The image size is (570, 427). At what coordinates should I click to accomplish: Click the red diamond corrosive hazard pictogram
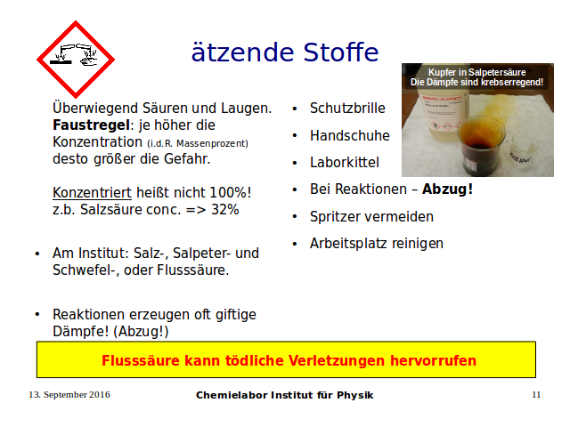pos(76,60)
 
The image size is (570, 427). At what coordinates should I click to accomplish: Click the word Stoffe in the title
pos(340,52)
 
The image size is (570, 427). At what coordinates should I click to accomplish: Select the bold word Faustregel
pos(91,125)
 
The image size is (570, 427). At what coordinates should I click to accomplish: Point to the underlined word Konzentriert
pos(92,192)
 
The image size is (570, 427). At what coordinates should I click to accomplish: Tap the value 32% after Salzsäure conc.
pos(225,210)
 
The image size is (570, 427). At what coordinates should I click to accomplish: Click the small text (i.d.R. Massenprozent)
pos(198,144)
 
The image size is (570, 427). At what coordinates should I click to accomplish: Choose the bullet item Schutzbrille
pos(347,109)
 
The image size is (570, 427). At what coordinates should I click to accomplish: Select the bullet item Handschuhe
pos(350,135)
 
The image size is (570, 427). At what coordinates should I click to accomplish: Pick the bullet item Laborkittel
pos(345,162)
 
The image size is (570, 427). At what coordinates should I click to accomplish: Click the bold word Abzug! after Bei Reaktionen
pos(447,189)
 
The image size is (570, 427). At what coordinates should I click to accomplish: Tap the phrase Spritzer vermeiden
pos(371,217)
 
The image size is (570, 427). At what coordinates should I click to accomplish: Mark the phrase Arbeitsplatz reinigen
pos(377,244)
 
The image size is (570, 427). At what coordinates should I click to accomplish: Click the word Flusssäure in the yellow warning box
pos(141,360)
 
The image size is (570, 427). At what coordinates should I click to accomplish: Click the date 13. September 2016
pos(69,395)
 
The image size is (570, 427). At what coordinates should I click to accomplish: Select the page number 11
pos(536,395)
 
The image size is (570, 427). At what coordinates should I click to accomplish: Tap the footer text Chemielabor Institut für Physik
pos(285,395)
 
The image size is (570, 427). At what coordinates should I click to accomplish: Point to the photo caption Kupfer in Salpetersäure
pos(477,72)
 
